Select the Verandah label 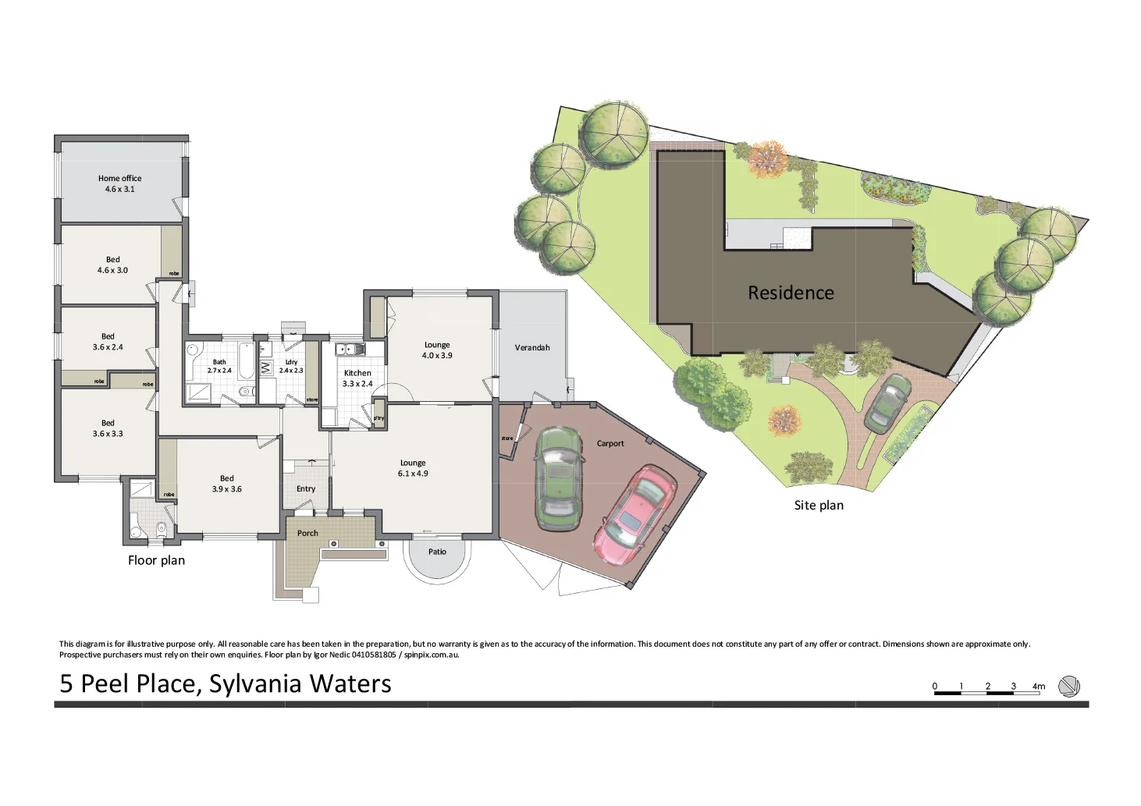tap(532, 348)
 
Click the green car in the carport tap(559, 478)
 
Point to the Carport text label tap(610, 444)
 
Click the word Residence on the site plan tap(791, 293)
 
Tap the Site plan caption tap(819, 506)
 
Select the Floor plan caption tap(156, 560)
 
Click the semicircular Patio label tap(437, 552)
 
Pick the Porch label tap(307, 534)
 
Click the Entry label tap(306, 489)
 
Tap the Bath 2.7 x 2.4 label tap(219, 367)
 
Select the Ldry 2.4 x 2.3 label tap(291, 367)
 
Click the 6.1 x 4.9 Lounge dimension tap(413, 474)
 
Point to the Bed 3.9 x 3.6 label tap(226, 484)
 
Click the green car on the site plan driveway tap(887, 403)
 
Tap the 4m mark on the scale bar tap(1039, 687)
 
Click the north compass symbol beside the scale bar tap(1068, 687)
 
